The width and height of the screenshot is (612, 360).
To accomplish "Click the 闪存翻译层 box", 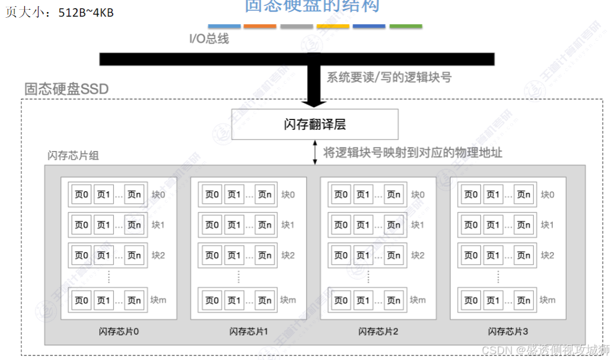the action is coord(315,124).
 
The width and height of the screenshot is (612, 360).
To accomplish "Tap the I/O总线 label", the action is coord(209,39).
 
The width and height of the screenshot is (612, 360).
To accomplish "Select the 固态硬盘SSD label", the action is coord(67,89).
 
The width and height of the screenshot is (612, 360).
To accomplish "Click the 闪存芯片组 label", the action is coord(73,156).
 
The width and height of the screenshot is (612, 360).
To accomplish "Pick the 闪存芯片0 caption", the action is coord(119,331).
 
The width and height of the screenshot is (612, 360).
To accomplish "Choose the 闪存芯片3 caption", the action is coord(508,331).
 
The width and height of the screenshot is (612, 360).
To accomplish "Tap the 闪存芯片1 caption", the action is coord(249,331).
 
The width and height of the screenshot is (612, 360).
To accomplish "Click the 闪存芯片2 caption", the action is coord(378,331).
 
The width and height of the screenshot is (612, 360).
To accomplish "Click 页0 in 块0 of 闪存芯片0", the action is coord(82,195).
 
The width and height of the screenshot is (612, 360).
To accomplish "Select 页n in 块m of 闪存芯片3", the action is coord(524,300).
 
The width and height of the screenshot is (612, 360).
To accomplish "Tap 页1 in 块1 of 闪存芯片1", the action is coord(234,224).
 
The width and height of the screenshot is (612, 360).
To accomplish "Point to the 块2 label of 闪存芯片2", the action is coord(418,255).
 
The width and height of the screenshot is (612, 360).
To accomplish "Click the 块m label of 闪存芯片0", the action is coord(159,300).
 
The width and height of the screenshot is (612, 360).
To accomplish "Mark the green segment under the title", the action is coord(405,26).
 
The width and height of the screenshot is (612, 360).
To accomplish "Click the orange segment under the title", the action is coord(260,26).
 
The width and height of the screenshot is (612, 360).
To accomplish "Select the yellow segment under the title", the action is coord(333,26).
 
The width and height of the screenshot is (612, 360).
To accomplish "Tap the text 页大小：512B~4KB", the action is coord(59,12).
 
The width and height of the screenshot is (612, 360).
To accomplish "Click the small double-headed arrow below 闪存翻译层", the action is coord(314,152).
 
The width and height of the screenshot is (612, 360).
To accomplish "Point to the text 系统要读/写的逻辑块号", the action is coord(389,77).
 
